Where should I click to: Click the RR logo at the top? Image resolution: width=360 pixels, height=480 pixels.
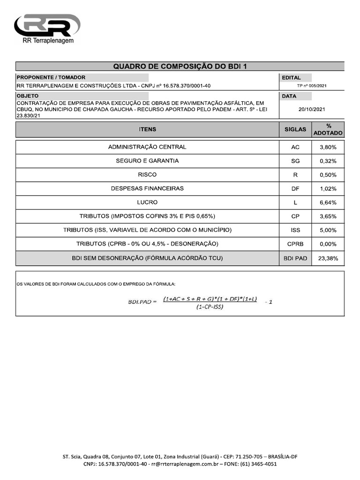tap(47, 25)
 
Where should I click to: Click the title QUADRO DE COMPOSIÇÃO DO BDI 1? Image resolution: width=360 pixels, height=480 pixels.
tap(180, 67)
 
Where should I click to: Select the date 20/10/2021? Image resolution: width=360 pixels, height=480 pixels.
tap(312, 109)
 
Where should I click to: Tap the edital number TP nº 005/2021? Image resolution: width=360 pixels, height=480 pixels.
tap(312, 86)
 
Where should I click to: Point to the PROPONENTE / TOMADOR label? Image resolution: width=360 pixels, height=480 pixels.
tap(51, 77)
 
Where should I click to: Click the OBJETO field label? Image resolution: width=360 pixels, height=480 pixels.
tap(27, 96)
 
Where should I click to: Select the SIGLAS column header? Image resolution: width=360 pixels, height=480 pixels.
tap(295, 129)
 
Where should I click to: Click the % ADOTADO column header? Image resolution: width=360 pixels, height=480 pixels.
tap(328, 129)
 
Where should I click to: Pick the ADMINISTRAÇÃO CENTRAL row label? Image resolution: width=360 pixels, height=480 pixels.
tap(147, 147)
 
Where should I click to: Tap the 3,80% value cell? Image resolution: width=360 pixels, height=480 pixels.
tap(328, 147)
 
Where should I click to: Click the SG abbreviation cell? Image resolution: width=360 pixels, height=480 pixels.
tap(295, 161)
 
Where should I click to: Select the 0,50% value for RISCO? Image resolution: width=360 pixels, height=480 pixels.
tap(328, 175)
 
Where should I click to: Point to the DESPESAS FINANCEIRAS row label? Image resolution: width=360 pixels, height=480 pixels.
tap(147, 188)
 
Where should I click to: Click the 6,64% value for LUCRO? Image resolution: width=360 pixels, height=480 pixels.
tap(328, 202)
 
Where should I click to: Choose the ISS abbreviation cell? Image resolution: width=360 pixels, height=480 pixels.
tap(295, 230)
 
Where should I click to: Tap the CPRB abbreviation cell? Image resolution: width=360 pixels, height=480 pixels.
tap(295, 244)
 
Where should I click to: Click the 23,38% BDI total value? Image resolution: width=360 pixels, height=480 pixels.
tap(328, 258)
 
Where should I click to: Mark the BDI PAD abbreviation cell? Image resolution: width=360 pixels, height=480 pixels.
tap(295, 258)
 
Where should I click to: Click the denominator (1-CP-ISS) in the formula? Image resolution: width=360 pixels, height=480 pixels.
tap(210, 307)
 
